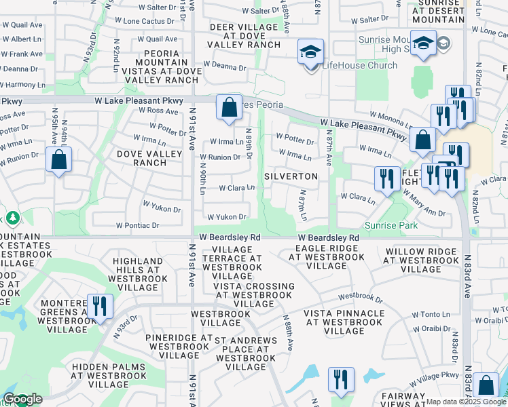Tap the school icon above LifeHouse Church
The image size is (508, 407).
[x=311, y=51]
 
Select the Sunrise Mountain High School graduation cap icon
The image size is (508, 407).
[x=423, y=43]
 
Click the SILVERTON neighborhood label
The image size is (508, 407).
[x=291, y=176]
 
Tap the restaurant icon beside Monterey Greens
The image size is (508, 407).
[x=100, y=306]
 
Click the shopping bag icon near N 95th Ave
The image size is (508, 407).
[x=59, y=161]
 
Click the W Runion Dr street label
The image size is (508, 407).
[x=220, y=157]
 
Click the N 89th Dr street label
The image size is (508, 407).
[x=249, y=144]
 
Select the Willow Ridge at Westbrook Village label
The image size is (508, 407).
[x=420, y=260]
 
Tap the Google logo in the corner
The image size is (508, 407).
[x=22, y=399]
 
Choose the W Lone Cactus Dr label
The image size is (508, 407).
[x=147, y=21]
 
